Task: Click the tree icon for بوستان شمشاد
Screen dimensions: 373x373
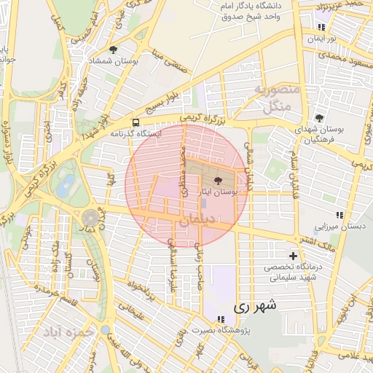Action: [113, 50]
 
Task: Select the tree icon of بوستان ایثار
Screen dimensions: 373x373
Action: [218, 180]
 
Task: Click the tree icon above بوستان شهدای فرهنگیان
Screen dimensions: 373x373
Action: [319, 118]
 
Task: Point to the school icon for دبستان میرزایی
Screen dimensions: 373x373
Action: [339, 215]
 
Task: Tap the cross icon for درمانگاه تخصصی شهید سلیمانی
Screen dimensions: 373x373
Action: [293, 256]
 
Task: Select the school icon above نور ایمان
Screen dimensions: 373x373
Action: [321, 27]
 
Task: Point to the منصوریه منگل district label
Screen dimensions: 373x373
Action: [278, 98]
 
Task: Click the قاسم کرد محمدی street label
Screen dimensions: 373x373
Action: [55, 295]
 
